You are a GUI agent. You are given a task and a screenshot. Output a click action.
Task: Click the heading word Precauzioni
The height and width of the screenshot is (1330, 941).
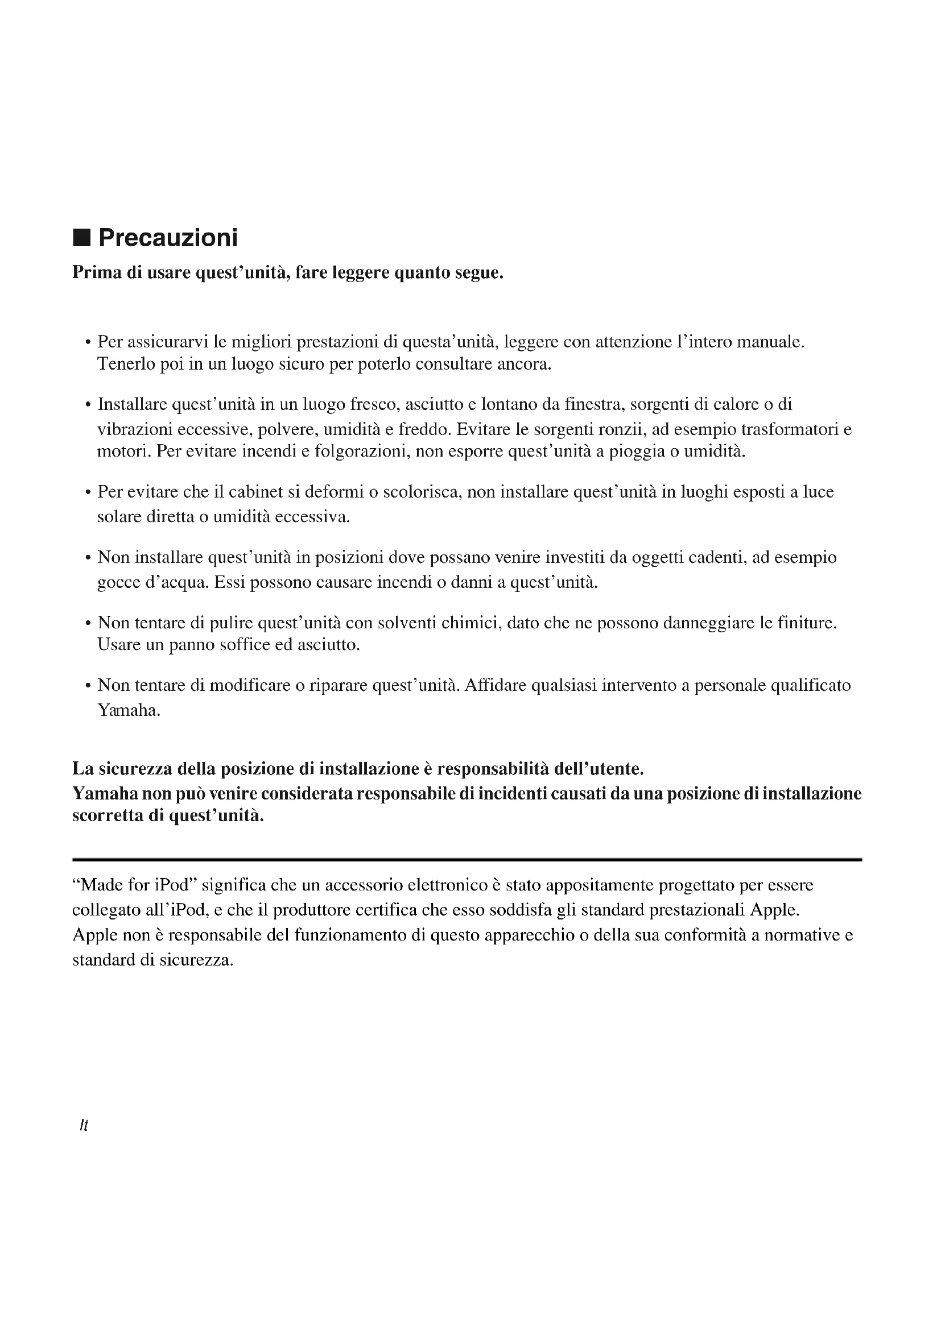click(x=167, y=238)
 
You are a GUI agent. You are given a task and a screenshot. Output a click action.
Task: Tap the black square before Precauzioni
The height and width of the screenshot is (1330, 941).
click(x=82, y=238)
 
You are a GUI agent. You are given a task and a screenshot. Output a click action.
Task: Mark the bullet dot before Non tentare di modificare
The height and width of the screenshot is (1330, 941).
click(x=88, y=686)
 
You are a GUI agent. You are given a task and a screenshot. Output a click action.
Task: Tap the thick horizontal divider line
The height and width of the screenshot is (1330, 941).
click(x=467, y=860)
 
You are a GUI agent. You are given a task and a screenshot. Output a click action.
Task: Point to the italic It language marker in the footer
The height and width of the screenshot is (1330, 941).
click(x=84, y=1125)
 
